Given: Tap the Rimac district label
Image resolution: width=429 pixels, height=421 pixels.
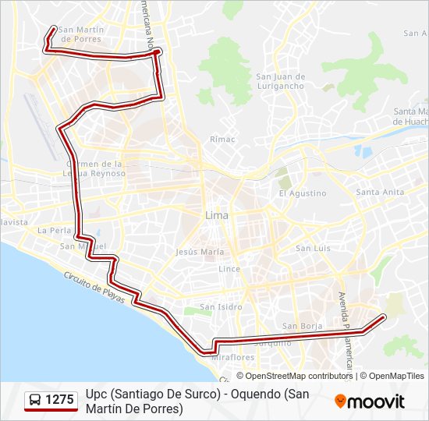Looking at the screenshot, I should click(x=222, y=139).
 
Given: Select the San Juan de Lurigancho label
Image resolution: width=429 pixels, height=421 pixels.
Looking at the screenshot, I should click(x=280, y=81).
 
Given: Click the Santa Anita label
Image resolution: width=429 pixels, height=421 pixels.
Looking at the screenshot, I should click(x=380, y=192).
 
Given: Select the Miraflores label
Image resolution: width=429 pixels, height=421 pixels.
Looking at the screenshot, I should click(x=232, y=357).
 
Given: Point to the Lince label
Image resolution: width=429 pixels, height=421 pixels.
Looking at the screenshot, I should click(x=229, y=268).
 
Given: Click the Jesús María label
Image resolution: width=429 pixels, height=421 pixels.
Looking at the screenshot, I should click(x=200, y=252).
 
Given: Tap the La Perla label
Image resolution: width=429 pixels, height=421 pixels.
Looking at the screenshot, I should click(x=55, y=231).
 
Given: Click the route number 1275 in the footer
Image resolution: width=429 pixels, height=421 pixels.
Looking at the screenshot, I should click(x=60, y=400).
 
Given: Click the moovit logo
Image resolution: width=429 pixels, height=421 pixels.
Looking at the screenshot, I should click(x=370, y=402).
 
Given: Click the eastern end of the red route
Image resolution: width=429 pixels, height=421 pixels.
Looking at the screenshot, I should click(x=385, y=316).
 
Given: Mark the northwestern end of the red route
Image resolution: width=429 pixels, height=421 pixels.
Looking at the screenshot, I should click(x=54, y=29).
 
